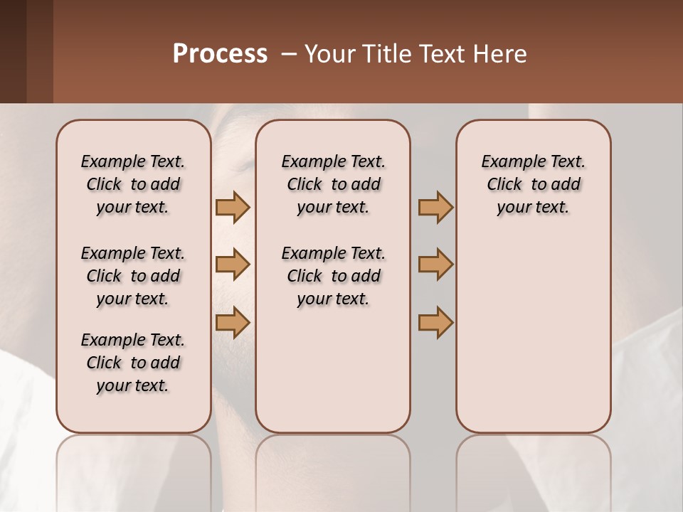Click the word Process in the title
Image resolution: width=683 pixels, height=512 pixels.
(220, 54)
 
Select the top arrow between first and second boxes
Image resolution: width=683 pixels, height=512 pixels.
(233, 207)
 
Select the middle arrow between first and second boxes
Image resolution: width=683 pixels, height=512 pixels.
(233, 265)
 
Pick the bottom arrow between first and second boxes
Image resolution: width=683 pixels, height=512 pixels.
(233, 322)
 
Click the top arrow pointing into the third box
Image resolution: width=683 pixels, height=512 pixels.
(435, 207)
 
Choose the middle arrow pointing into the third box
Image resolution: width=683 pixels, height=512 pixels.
(435, 265)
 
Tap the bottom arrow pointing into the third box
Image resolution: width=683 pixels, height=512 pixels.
(435, 322)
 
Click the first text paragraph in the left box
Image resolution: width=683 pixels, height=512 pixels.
(133, 184)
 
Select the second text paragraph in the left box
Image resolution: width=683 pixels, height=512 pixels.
(133, 276)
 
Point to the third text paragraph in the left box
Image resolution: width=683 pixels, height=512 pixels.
(133, 363)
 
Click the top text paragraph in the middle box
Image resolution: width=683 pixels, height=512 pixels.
(333, 184)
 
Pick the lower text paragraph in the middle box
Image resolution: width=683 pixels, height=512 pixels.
(333, 276)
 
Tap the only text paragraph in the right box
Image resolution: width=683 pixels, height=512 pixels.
(533, 184)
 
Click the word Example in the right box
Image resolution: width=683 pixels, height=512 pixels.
(507, 162)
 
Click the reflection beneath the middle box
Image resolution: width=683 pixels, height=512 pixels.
(333, 469)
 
